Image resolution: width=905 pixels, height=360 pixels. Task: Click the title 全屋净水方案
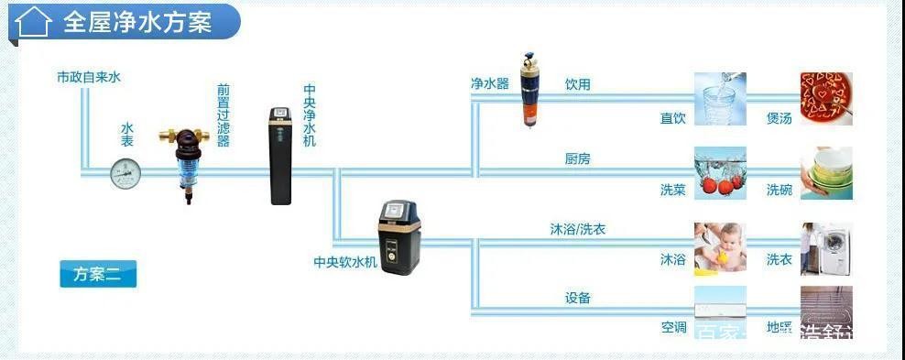click(137, 22)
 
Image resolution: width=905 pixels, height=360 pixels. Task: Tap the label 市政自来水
click(88, 77)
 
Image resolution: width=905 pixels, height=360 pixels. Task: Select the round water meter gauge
click(125, 172)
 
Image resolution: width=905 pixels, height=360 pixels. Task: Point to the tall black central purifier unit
click(281, 156)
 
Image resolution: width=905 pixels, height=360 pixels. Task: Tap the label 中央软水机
click(345, 262)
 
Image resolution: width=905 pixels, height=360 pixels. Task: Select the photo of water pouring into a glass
click(720, 98)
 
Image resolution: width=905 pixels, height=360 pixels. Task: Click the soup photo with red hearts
click(826, 98)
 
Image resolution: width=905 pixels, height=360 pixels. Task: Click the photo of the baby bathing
click(720, 248)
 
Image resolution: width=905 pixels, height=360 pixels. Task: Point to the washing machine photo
click(826, 248)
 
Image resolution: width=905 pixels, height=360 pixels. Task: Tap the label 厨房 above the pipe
click(578, 159)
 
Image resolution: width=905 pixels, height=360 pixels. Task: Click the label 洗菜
click(673, 191)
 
